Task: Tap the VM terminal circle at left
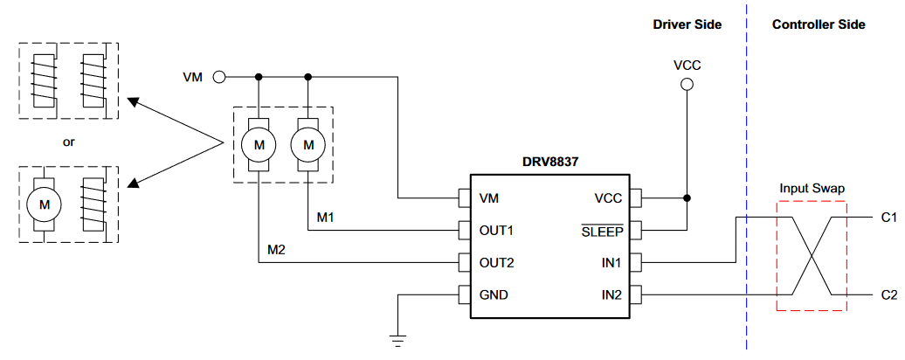[219, 77]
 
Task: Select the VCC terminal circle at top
[687, 84]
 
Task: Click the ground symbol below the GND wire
[398, 339]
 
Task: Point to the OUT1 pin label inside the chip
[497, 231]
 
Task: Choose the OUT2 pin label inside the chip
[497, 262]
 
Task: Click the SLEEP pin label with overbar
[601, 231]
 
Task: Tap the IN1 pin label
[611, 262]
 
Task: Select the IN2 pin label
[611, 294]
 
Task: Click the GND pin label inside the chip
[494, 294]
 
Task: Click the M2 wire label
[277, 251]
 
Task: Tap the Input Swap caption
[812, 189]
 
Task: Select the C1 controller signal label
[888, 217]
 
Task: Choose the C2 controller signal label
[888, 295]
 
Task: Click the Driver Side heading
[687, 24]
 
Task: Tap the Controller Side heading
[819, 24]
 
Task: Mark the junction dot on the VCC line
[687, 197]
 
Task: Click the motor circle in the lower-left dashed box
[44, 204]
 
